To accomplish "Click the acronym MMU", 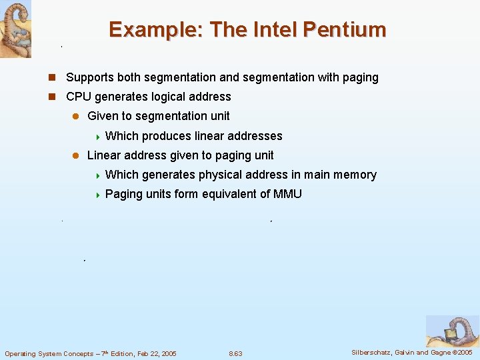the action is [288, 194].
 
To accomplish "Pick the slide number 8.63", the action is [235, 353].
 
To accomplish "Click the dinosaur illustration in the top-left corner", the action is [15, 29].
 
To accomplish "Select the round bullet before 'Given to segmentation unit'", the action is [75, 116].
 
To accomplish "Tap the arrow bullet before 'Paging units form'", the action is [97, 195].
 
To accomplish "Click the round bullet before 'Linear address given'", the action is [75, 155].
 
